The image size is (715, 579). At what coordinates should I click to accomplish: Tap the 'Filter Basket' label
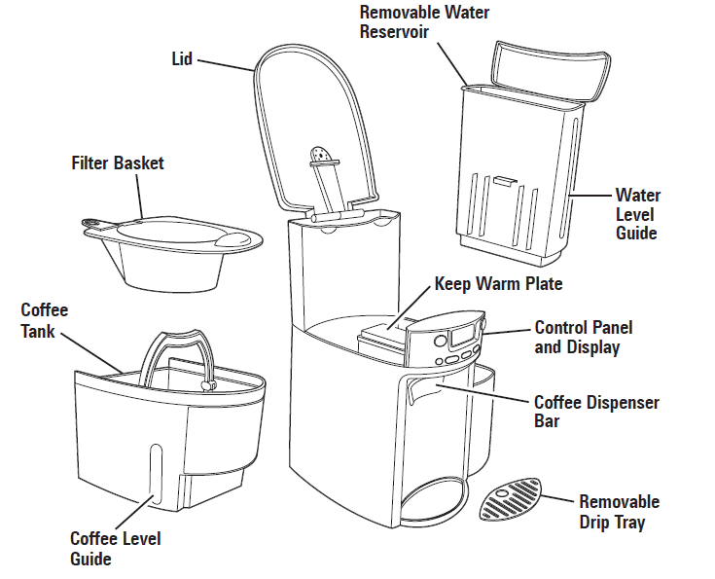(x=118, y=163)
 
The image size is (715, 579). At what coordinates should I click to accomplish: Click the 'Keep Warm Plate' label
(x=498, y=284)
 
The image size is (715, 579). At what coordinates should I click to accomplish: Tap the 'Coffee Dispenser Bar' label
(x=596, y=412)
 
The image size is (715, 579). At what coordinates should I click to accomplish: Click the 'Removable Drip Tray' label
(x=619, y=512)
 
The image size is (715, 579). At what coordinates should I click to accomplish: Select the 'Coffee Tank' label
(x=45, y=320)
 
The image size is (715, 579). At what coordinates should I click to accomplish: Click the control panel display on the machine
(x=461, y=341)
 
